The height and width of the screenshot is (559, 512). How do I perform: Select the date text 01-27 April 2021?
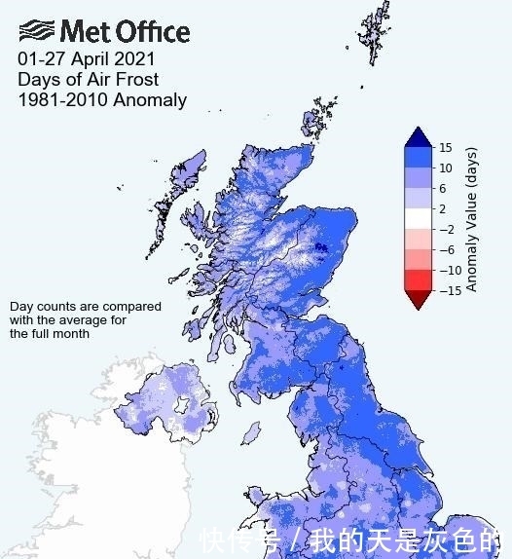coord(86,58)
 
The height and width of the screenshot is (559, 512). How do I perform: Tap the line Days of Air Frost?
coord(88,79)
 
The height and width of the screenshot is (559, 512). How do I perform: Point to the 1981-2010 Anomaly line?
coord(101,99)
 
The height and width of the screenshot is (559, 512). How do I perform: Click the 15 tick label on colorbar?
coord(445,148)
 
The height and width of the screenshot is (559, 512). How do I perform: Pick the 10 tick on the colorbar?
coord(445,168)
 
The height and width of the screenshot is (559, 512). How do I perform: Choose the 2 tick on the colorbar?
coord(443,208)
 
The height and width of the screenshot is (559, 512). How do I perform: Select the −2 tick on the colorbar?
coord(445,229)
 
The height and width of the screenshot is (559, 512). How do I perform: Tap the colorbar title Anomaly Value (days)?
coord(471,219)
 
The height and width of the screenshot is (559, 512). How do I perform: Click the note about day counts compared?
coord(86,319)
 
